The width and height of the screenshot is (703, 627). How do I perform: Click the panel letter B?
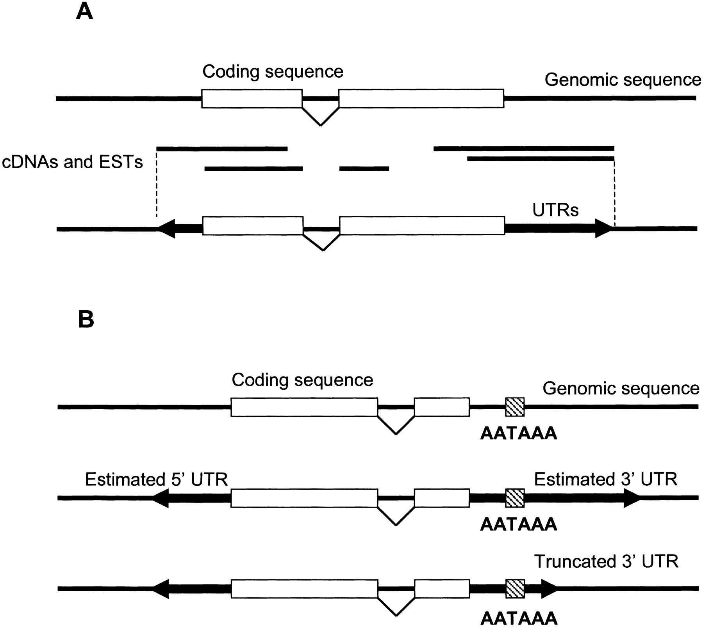click(86, 320)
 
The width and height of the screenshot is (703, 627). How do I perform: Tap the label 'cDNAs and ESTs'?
click(73, 162)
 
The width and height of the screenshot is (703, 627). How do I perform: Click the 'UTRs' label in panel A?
click(555, 210)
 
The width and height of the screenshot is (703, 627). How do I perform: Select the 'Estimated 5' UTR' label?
click(156, 479)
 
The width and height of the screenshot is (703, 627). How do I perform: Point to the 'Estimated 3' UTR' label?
click(605, 479)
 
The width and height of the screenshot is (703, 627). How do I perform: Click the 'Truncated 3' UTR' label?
click(606, 561)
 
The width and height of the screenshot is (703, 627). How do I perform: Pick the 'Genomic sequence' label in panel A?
click(623, 80)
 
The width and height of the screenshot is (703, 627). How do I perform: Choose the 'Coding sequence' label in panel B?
click(302, 380)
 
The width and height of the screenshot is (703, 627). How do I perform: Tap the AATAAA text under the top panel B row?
click(518, 433)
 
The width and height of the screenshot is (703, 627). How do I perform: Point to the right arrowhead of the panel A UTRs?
click(603, 229)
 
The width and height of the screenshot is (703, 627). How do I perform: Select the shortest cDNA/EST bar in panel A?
click(364, 169)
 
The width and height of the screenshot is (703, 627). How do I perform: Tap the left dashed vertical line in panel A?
click(156, 183)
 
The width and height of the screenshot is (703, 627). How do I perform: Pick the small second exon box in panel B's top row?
click(442, 407)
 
